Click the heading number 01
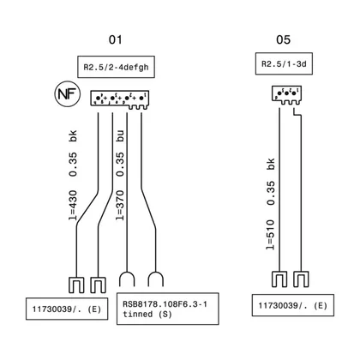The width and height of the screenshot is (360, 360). point(116,39)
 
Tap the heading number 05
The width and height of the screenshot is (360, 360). point(283,39)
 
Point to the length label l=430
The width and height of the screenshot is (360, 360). point(73,206)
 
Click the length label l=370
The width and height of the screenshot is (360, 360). point(120,206)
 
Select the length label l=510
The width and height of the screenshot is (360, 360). point(270,235)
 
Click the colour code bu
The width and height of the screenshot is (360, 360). point(120,136)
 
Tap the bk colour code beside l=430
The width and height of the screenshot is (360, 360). point(73,136)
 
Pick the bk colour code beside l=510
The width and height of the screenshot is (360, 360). point(270,164)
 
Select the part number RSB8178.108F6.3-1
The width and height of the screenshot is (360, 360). point(165,304)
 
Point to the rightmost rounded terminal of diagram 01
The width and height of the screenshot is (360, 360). point(156,273)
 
